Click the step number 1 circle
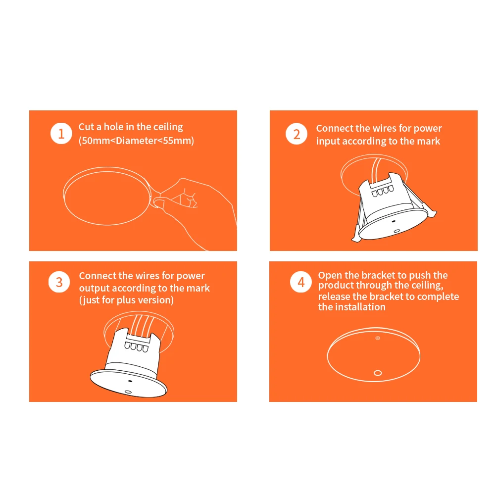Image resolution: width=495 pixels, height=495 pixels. click(x=61, y=134)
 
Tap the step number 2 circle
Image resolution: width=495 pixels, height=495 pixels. click(x=297, y=134)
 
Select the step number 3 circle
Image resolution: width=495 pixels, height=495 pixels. click(x=59, y=282)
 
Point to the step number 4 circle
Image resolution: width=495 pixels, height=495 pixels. click(x=301, y=282)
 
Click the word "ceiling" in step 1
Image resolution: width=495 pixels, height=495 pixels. click(x=169, y=127)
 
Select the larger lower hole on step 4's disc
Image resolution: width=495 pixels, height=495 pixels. click(x=378, y=373)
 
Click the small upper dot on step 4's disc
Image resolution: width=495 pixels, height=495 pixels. click(x=378, y=338)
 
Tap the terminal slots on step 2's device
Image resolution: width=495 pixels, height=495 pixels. click(x=383, y=191)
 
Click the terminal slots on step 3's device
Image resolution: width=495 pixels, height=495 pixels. click(x=137, y=346)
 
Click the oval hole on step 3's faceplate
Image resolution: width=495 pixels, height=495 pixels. click(x=128, y=392)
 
